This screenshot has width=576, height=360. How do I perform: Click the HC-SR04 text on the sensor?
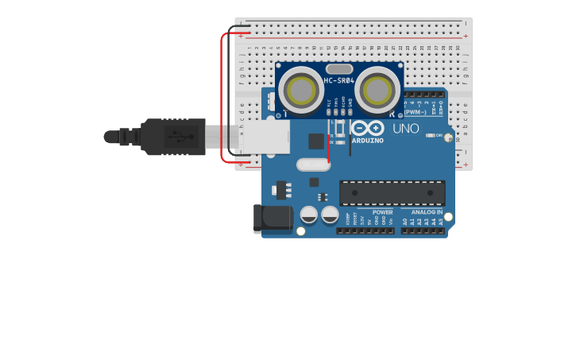click(339, 80)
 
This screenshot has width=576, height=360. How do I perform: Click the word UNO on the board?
click(406, 128)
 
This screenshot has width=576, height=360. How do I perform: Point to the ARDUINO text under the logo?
click(367, 141)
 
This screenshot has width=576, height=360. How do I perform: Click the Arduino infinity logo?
click(367, 128)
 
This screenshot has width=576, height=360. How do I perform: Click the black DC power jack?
click(270, 219)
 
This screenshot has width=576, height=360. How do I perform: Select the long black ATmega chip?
click(392, 193)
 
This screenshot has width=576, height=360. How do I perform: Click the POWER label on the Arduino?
click(382, 212)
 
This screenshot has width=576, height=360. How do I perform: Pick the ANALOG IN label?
click(427, 212)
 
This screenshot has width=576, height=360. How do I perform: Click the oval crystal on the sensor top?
click(339, 69)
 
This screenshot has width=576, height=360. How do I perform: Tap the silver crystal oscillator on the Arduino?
click(313, 165)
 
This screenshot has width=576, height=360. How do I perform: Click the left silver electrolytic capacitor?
click(309, 215)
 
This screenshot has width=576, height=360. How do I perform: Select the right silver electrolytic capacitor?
click(330, 215)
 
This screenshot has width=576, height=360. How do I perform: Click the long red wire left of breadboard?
click(222, 95)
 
